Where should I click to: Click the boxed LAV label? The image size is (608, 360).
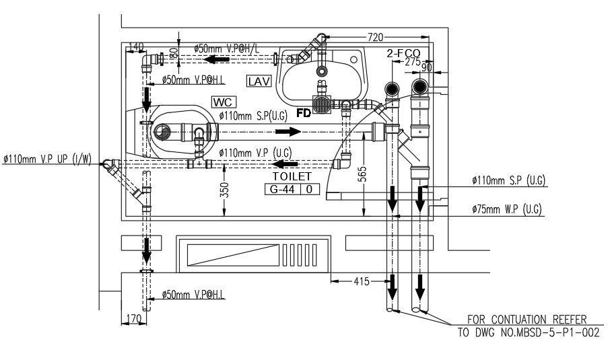(x=259, y=81)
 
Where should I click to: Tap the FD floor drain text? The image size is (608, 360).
(x=304, y=113)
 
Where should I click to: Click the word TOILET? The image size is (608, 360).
(x=292, y=176)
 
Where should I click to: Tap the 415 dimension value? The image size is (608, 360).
(x=361, y=281)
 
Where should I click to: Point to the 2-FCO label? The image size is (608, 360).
(x=403, y=52)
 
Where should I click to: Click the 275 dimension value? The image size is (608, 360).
(x=413, y=61)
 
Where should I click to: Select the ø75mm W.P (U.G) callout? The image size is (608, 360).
(x=508, y=209)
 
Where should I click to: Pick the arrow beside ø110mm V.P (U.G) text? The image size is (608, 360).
(x=285, y=163)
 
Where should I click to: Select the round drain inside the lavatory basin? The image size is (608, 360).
(x=323, y=70)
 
